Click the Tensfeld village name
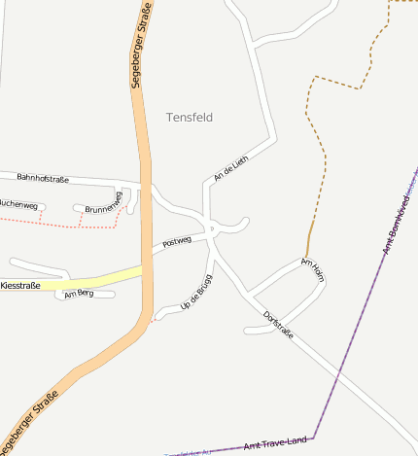[x=190, y=117]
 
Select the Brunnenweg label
[x=103, y=207]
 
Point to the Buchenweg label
[x=18, y=205]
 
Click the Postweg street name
[x=177, y=241]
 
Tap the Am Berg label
[x=78, y=294]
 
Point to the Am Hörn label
[x=312, y=269]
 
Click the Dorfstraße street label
[x=277, y=324]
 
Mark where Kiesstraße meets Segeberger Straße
[x=147, y=269]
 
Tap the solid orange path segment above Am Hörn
[x=309, y=238]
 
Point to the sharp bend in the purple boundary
[x=313, y=438]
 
